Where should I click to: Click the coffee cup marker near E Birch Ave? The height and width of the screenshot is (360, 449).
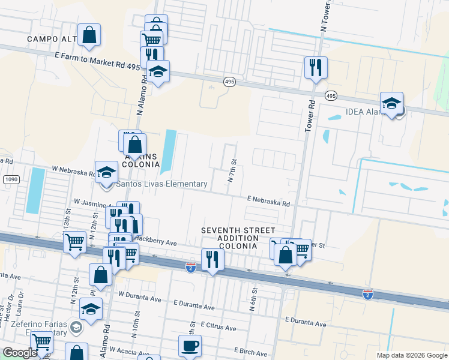pyautogui.click(x=190, y=346)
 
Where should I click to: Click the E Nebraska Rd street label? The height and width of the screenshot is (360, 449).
pyautogui.click(x=268, y=201)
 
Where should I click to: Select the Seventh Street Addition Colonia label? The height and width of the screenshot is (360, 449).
pyautogui.click(x=238, y=239)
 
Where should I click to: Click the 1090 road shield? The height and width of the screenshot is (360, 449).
pyautogui.click(x=10, y=179)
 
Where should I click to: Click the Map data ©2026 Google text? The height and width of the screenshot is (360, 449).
pyautogui.click(x=411, y=355)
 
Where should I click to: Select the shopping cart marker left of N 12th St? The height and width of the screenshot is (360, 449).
pyautogui.click(x=75, y=243)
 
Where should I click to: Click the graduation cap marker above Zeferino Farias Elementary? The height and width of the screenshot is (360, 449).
pyautogui.click(x=91, y=310)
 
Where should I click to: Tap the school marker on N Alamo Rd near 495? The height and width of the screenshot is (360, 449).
pyautogui.click(x=158, y=71)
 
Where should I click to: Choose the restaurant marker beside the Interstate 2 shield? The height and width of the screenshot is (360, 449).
pyautogui.click(x=212, y=259)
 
